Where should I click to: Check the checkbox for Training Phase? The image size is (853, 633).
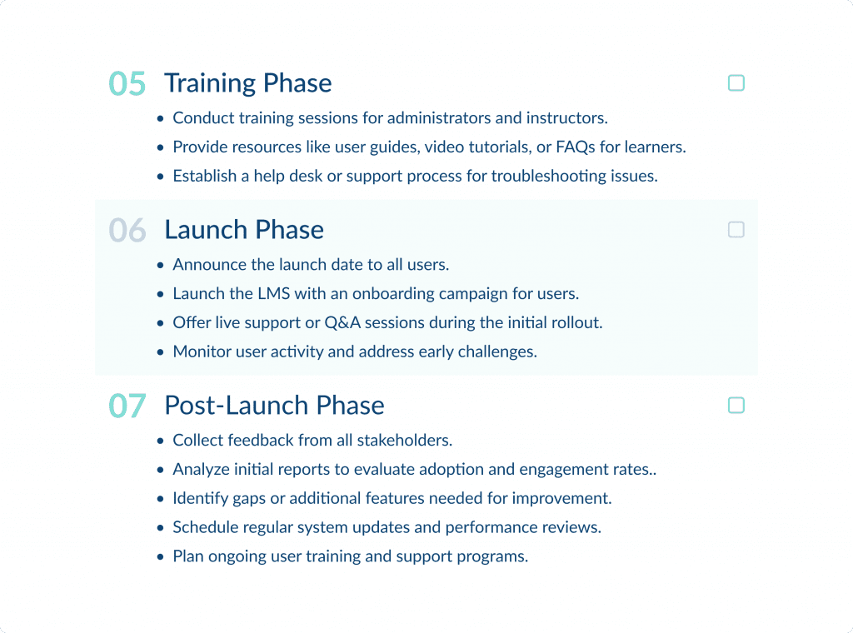pyautogui.click(x=736, y=83)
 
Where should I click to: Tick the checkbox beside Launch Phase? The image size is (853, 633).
pyautogui.click(x=736, y=230)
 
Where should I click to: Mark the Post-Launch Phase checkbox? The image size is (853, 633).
pyautogui.click(x=736, y=406)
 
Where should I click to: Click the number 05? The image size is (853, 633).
pyautogui.click(x=127, y=84)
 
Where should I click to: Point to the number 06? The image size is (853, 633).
pyautogui.click(x=127, y=231)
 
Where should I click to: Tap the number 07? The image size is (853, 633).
pyautogui.click(x=127, y=406)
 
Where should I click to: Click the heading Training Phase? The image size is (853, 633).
pyautogui.click(x=248, y=83)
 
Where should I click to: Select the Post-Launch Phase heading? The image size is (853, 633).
pyautogui.click(x=274, y=406)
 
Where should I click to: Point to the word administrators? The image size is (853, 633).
pyautogui.click(x=436, y=118)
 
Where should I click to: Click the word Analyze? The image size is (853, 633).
pyautogui.click(x=200, y=470)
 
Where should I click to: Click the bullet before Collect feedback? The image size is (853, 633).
pyautogui.click(x=161, y=441)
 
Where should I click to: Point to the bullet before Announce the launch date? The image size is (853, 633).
pyautogui.click(x=161, y=266)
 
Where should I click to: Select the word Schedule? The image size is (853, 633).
pyautogui.click(x=204, y=528)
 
